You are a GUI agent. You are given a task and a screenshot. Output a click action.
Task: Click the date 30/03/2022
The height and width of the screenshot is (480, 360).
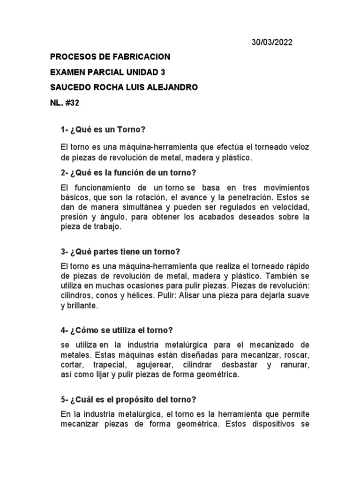point(272,42)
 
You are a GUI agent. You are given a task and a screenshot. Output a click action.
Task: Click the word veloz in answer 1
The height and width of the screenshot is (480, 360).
point(298,147)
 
